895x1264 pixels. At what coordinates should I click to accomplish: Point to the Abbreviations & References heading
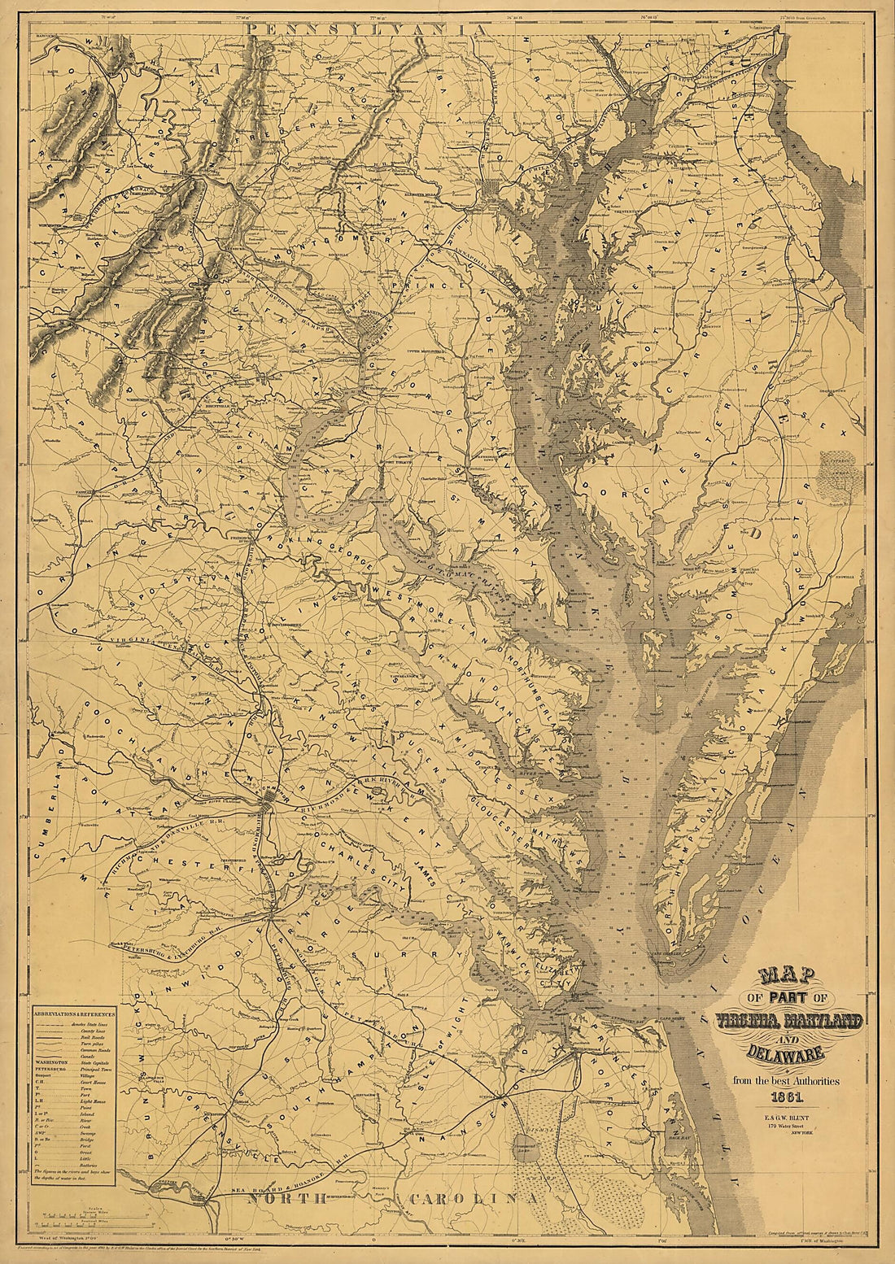pyautogui.click(x=73, y=1015)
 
